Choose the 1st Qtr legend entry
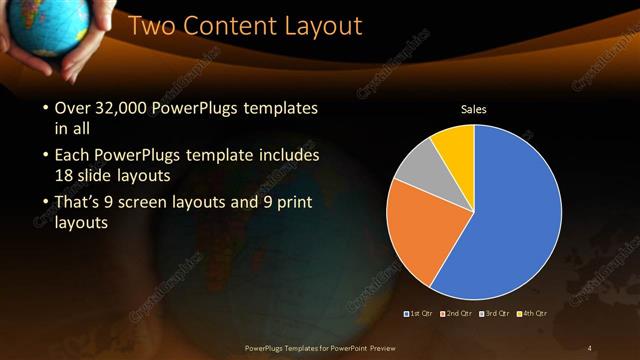pyautogui.click(x=418, y=314)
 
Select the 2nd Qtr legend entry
pyautogui.click(x=456, y=314)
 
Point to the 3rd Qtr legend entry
pyautogui.click(x=495, y=314)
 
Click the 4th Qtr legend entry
pyautogui.click(x=533, y=314)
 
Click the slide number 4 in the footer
pyautogui.click(x=590, y=347)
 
